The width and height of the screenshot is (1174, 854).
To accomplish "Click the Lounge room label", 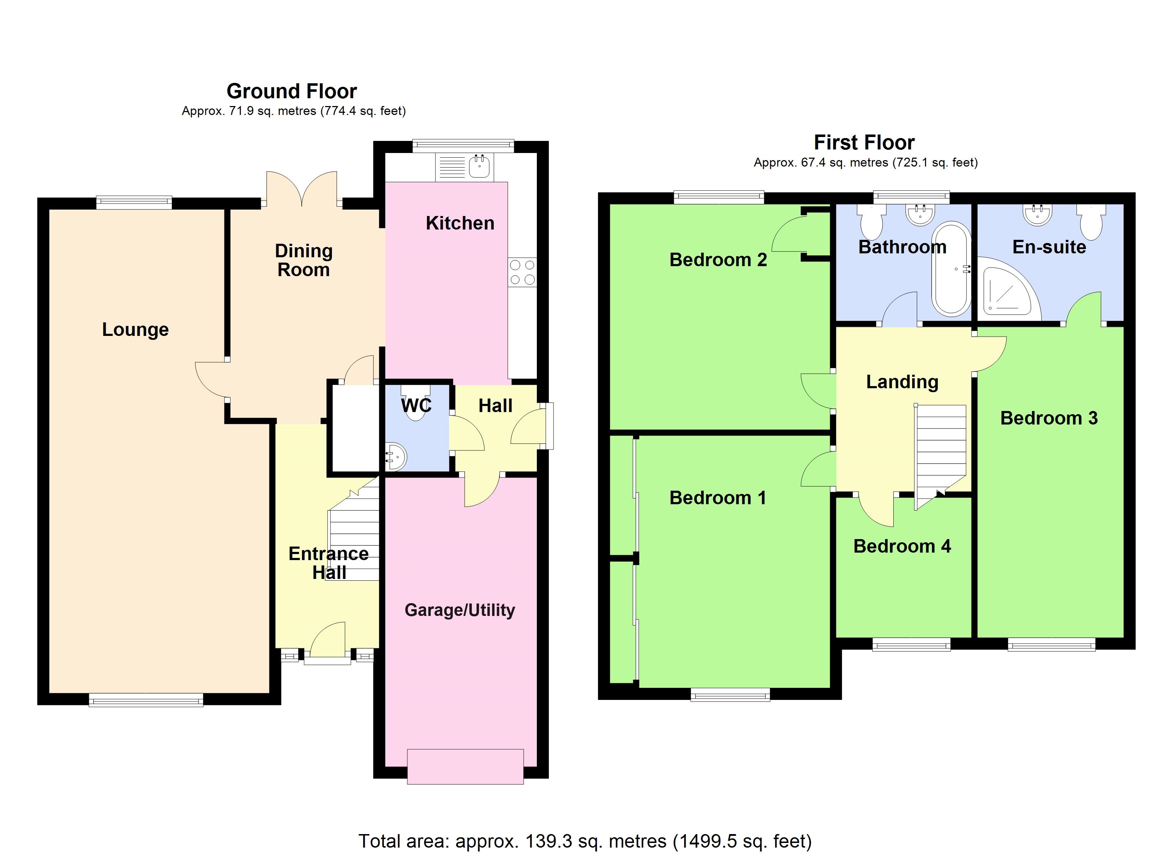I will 135,330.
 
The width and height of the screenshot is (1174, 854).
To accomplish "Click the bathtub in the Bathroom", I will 951,269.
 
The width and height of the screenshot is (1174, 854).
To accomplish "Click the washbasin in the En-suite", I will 1038,215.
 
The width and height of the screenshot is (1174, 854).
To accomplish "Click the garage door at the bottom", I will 465,766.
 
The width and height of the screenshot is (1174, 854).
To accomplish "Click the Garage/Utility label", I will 460,610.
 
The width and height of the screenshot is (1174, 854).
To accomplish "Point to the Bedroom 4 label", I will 902,546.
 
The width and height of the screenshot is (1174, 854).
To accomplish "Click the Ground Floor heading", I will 292,91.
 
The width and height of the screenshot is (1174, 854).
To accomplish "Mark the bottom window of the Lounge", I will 146,701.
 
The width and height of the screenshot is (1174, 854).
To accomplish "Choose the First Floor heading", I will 864,142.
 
